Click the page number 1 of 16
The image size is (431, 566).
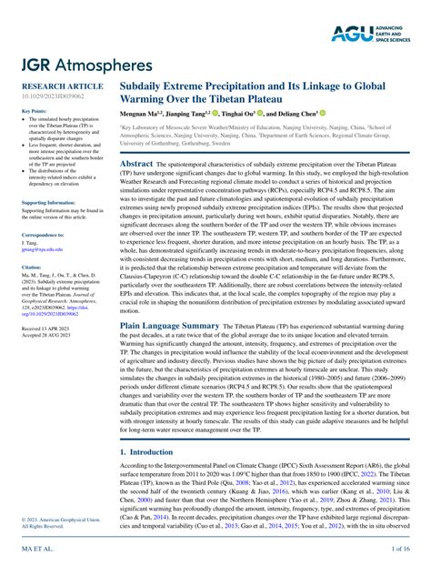pyautogui.click(x=401, y=551)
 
